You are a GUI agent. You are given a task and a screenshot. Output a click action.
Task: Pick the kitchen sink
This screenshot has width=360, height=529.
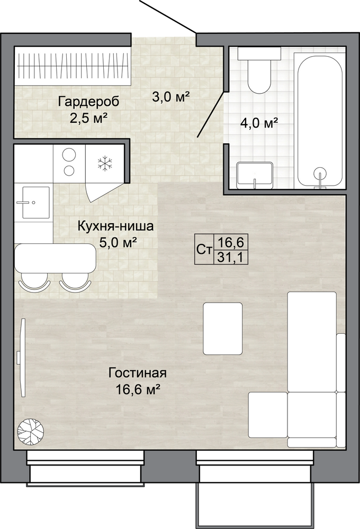(33, 202)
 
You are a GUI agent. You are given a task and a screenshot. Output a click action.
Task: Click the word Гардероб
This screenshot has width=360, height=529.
(88, 102)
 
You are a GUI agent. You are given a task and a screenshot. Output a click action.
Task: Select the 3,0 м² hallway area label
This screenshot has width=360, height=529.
(170, 97)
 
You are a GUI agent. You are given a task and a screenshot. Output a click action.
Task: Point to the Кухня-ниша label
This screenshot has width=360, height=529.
(115, 226)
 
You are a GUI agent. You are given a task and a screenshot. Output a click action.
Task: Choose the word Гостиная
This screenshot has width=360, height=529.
(138, 373)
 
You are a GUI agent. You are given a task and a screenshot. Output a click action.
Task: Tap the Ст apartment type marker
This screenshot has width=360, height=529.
(204, 250)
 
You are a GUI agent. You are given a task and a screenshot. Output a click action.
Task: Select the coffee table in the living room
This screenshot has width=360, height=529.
(223, 329)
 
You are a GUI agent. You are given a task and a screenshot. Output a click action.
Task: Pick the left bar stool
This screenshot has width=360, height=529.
(34, 282)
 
